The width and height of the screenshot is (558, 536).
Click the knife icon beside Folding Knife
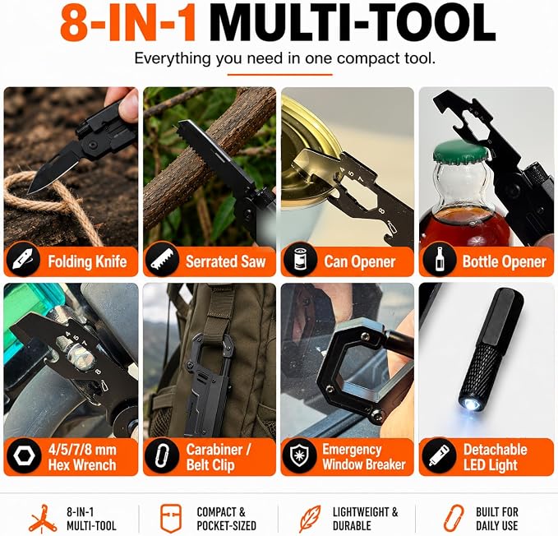(x=23, y=261)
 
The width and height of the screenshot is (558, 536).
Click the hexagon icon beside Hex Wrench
(x=23, y=456)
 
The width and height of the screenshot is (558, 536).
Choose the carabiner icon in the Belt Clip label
(x=162, y=456)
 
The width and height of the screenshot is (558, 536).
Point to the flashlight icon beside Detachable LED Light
(x=438, y=456)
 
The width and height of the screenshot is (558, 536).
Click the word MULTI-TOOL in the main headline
(x=352, y=23)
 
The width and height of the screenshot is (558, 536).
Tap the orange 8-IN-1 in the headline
(x=128, y=23)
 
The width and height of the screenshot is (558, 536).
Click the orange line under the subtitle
(x=279, y=75)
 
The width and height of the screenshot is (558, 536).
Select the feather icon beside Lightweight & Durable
(x=310, y=519)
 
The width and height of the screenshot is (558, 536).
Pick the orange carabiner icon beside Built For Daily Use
(x=453, y=519)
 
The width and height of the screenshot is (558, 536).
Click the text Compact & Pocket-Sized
(x=226, y=519)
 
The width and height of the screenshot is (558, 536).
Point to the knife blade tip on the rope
(x=30, y=192)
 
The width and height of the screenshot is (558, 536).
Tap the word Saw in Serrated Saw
(x=253, y=261)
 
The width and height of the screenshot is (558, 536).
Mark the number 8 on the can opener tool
(x=382, y=211)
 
